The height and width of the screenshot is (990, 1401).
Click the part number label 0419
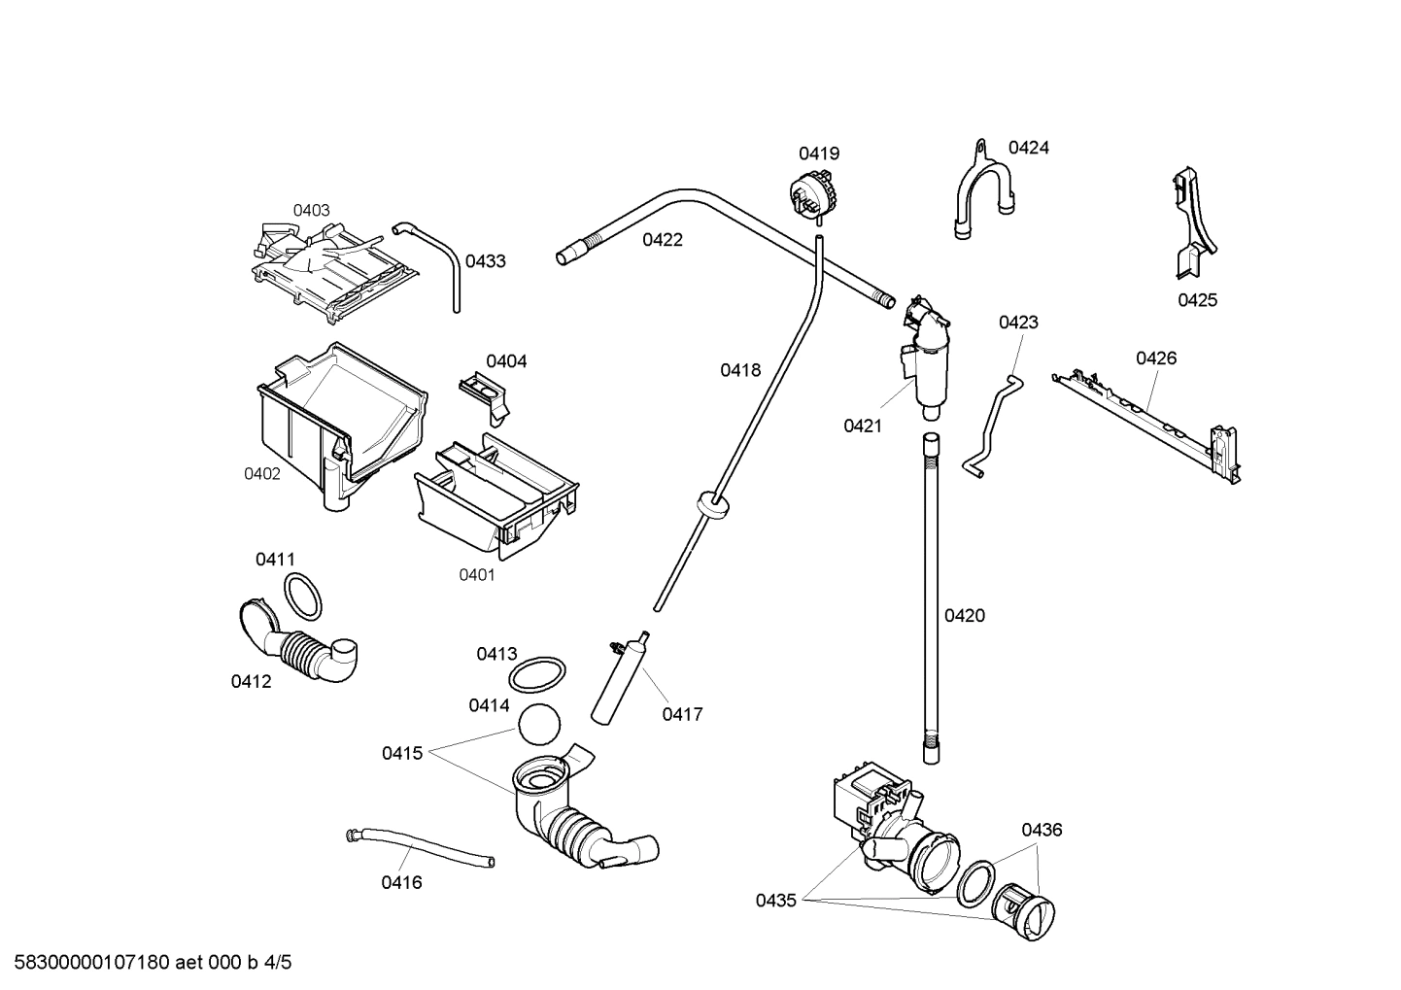pos(818,154)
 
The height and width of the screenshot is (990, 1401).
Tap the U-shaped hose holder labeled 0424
pos(982,193)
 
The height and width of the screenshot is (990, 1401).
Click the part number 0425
pos(1197,300)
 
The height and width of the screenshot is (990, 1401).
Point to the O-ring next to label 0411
pos(303,596)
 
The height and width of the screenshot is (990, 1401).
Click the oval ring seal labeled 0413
pos(537,671)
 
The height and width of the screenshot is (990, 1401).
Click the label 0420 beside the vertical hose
pos(964,615)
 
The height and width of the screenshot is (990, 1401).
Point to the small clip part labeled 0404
pos(483,394)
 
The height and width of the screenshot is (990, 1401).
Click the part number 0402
pos(261,473)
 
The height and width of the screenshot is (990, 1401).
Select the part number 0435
pos(775,901)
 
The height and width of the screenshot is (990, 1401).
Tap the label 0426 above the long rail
pos(1155,358)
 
